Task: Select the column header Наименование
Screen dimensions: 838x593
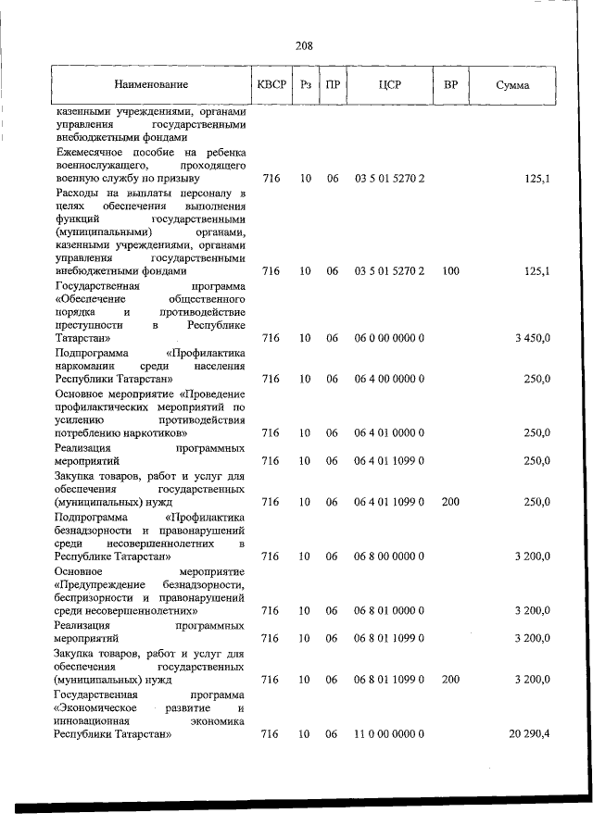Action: point(150,85)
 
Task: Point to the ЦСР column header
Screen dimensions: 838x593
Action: point(389,85)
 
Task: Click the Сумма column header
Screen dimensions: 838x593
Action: point(512,85)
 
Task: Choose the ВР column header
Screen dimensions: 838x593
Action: point(450,85)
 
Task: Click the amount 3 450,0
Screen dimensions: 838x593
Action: point(533,339)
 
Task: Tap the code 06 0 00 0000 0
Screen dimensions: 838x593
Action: point(389,339)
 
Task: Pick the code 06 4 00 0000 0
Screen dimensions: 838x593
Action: point(389,380)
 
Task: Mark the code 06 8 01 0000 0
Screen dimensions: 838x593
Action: point(389,611)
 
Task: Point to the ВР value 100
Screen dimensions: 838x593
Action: point(450,271)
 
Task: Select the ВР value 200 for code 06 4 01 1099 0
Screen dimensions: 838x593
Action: point(450,502)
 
